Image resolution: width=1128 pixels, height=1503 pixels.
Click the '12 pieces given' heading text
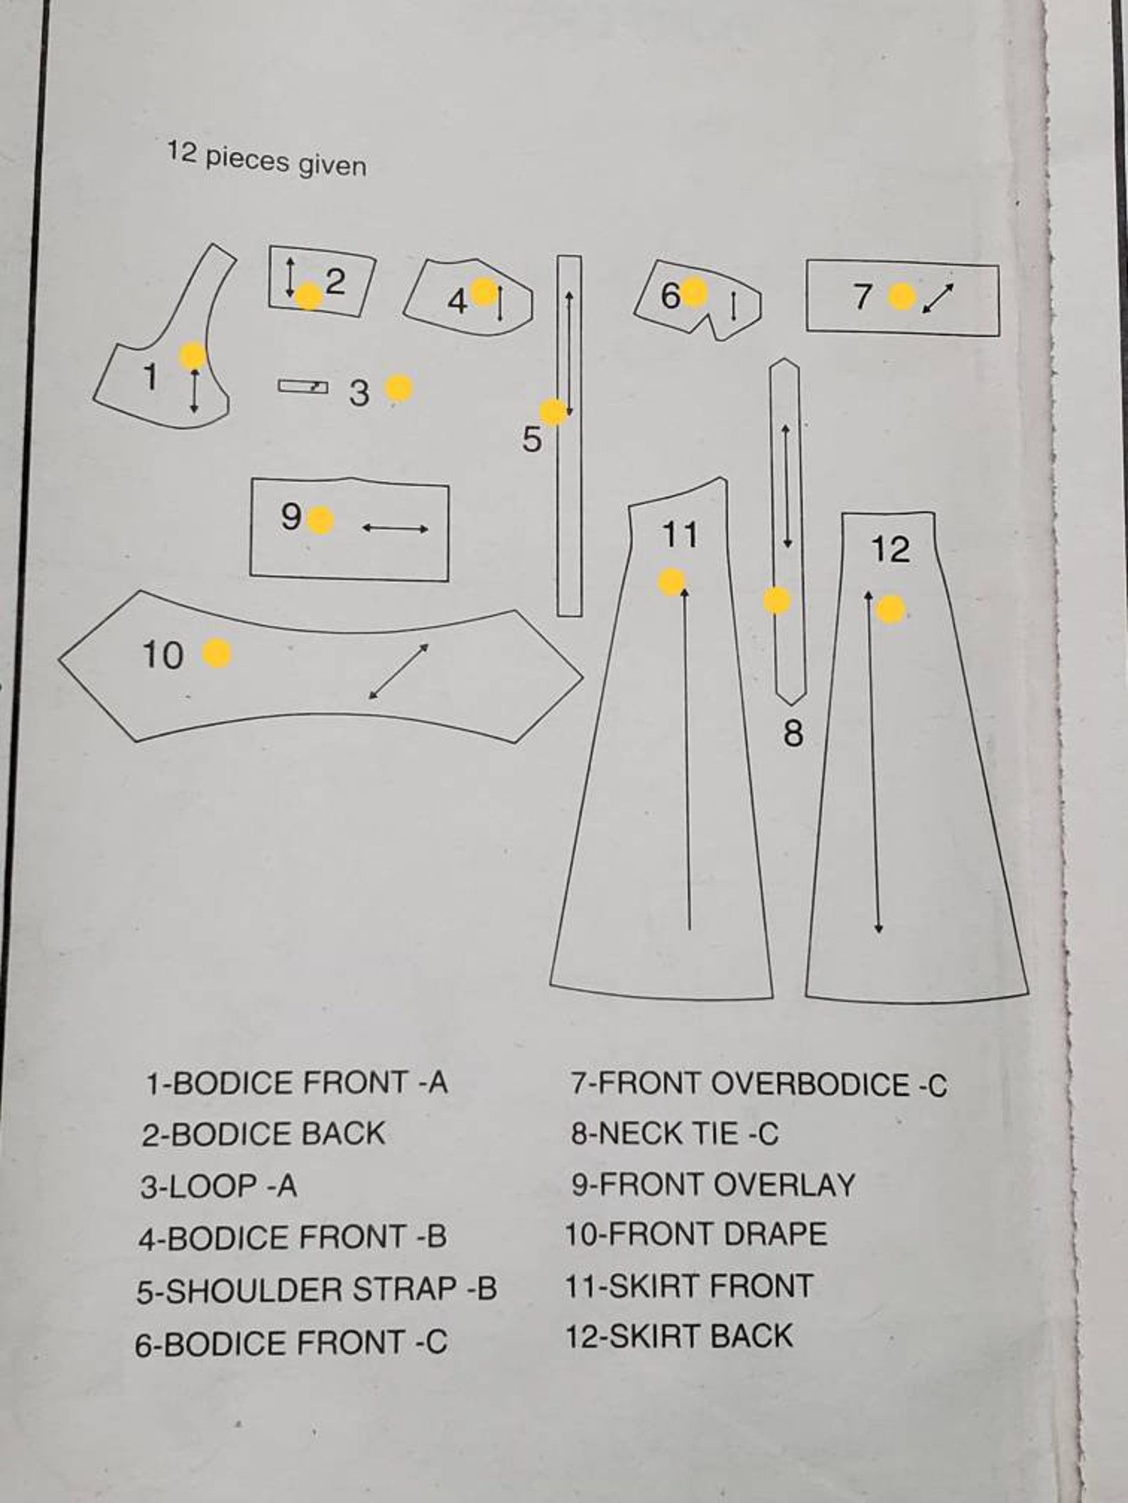[x=267, y=160]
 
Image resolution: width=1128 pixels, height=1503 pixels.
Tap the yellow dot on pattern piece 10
[x=217, y=653]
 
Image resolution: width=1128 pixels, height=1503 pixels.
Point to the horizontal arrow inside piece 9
[x=395, y=528]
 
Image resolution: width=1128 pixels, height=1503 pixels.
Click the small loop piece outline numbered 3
[x=303, y=386]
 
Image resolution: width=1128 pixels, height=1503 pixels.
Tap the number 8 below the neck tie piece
[x=793, y=732]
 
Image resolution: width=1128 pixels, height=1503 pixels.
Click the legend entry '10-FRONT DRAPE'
[x=696, y=1234]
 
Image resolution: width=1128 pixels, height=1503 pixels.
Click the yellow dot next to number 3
[x=399, y=388]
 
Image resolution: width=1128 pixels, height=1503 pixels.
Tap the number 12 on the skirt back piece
[x=889, y=549]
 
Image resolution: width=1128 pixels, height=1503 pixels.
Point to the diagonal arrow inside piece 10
[x=399, y=671]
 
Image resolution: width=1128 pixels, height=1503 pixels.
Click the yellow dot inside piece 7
[x=902, y=296]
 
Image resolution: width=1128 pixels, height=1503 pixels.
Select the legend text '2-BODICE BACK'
[x=263, y=1134]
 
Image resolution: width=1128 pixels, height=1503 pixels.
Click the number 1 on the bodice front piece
[x=150, y=376]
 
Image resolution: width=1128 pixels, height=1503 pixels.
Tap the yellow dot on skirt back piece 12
[x=891, y=609]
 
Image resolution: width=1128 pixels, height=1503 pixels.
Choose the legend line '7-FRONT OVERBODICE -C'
[x=759, y=1085]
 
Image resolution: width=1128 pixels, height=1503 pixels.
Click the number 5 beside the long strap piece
[x=531, y=439]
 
